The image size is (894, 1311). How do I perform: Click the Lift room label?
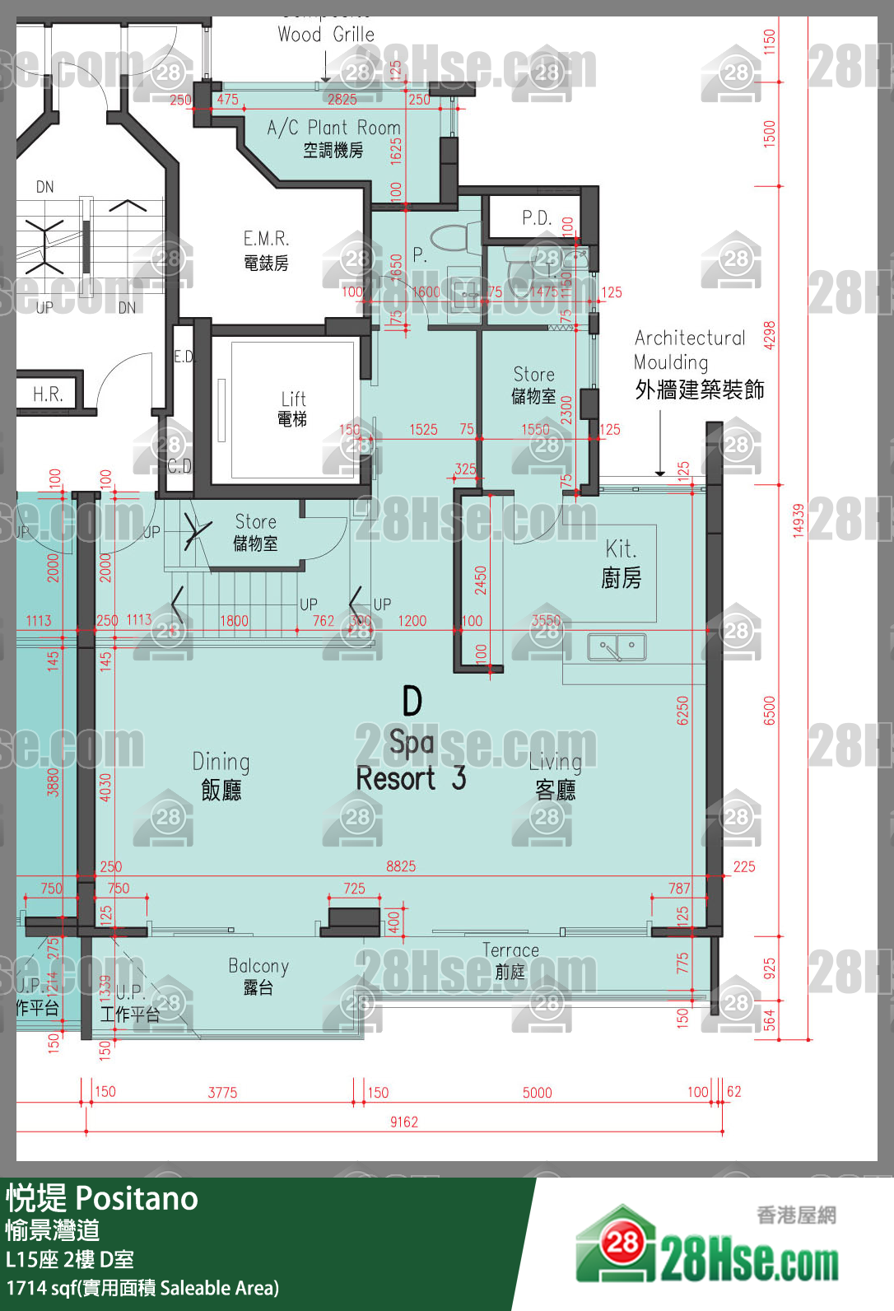(292, 408)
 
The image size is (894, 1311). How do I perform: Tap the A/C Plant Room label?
(333, 138)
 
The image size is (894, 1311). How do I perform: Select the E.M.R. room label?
(266, 250)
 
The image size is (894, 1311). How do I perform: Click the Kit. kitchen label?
(621, 563)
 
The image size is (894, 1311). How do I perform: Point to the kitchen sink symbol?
(617, 647)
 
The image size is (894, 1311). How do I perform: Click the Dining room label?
(221, 775)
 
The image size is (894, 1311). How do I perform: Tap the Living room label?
(555, 775)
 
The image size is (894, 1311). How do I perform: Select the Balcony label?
(258, 976)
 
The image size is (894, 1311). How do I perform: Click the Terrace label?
(510, 960)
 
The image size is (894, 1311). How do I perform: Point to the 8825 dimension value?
(401, 866)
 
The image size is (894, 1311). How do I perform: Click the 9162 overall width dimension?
(404, 1122)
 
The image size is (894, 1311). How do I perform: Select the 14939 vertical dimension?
(798, 520)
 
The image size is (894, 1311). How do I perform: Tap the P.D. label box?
(537, 217)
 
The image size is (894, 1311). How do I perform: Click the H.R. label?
(48, 394)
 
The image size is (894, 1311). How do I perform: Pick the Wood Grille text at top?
(326, 35)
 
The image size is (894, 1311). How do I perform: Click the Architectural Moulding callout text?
(698, 363)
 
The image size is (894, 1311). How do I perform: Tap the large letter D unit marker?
(412, 702)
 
